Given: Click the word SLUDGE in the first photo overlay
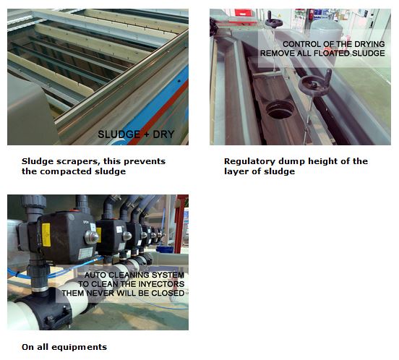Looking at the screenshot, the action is click(119, 134).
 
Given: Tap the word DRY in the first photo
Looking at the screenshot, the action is click(163, 134).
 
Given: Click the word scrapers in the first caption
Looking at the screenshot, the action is click(76, 161).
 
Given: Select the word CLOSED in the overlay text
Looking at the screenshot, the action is click(168, 293).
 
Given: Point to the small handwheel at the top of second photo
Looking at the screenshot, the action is click(273, 21).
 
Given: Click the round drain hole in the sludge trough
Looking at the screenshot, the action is click(280, 109).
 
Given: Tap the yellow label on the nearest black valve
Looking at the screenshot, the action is click(46, 235).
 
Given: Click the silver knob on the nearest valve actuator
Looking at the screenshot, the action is click(91, 237).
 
